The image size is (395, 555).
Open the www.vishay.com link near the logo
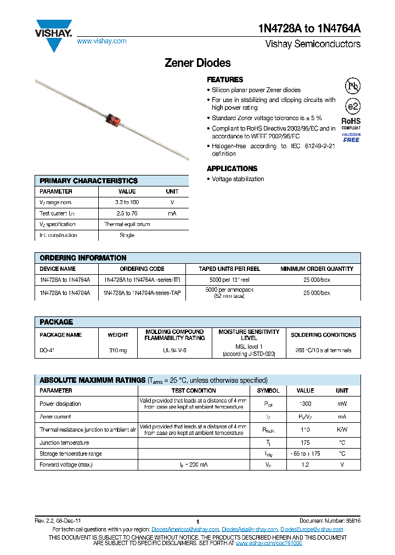pos(101,41)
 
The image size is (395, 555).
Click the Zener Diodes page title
pos(198,63)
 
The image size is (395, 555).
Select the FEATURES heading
pos(225,80)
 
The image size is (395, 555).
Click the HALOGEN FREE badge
pos(351,138)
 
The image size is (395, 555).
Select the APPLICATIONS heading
pos(232,168)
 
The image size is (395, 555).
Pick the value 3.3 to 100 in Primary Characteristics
pos(127,202)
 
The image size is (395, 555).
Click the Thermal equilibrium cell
pos(127,224)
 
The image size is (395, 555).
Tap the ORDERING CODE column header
pos(142,269)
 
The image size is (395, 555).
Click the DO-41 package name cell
pos(46,350)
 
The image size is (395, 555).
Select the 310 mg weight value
pos(118,350)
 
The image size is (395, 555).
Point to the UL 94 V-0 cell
pos(175,350)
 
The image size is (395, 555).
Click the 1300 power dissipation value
pos(305,404)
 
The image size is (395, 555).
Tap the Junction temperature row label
pos(64,443)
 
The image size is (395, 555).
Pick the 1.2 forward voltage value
pos(305,465)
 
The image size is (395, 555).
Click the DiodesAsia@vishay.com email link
pos(250,529)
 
